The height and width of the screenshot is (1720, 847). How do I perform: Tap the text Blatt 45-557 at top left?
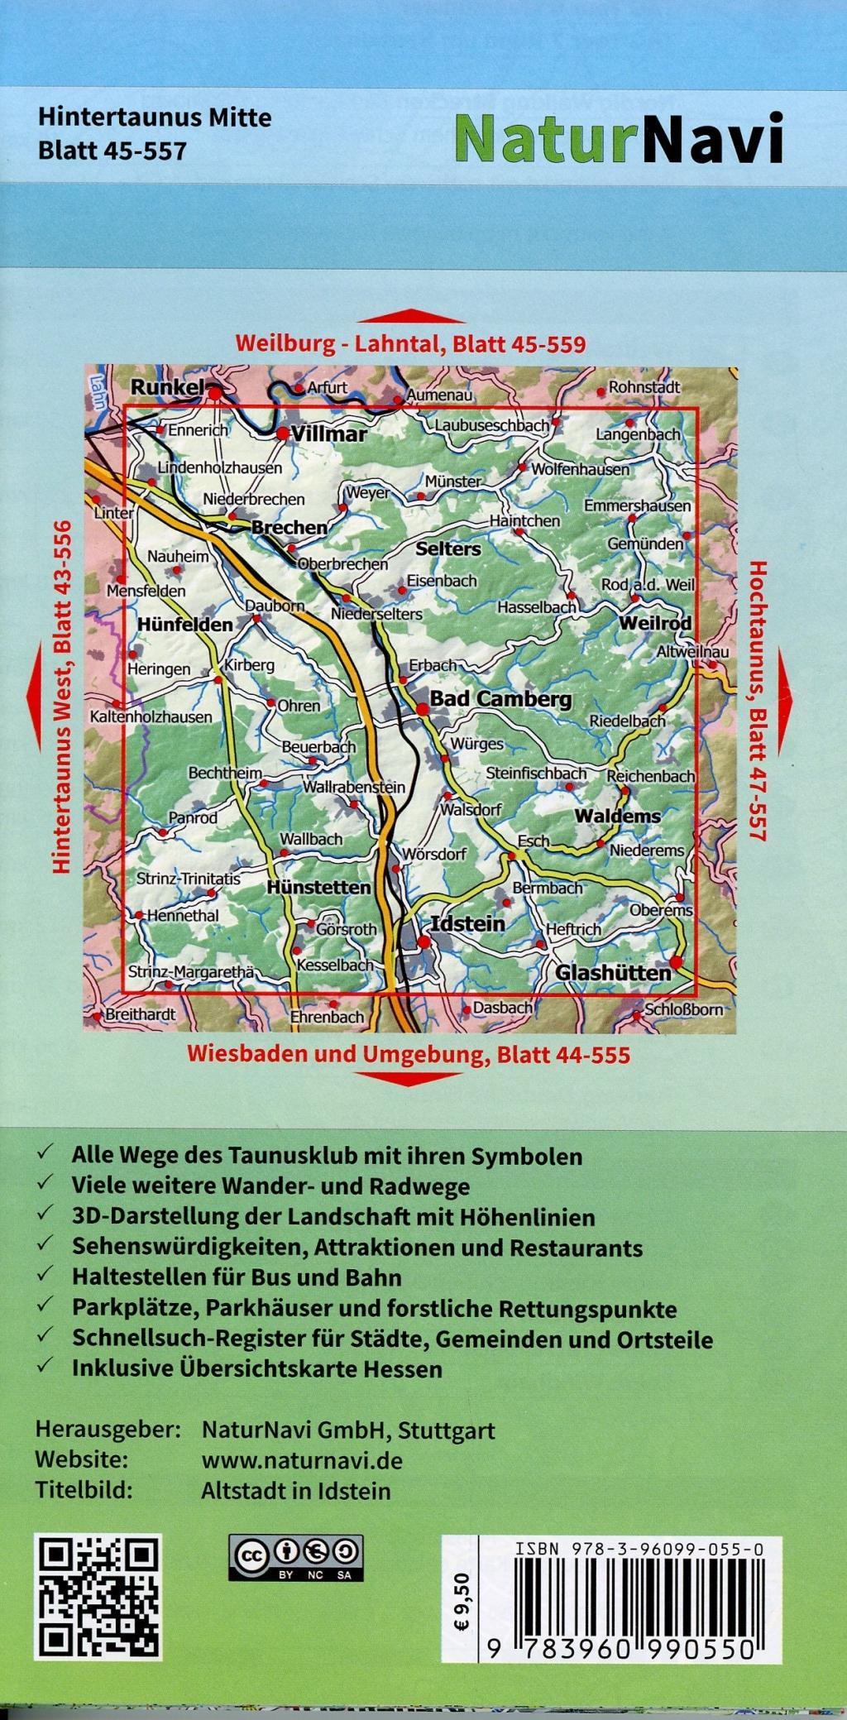pyautogui.click(x=112, y=151)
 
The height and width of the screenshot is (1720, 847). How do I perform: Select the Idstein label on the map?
pyautogui.click(x=468, y=923)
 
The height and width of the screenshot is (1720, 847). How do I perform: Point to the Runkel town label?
pyautogui.click(x=168, y=386)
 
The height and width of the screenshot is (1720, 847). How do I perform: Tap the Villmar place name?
pyautogui.click(x=328, y=434)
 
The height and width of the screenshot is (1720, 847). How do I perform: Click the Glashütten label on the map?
pyautogui.click(x=613, y=973)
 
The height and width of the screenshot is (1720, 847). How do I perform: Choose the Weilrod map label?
pyautogui.click(x=655, y=622)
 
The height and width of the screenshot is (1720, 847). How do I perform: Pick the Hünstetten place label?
pyautogui.click(x=318, y=887)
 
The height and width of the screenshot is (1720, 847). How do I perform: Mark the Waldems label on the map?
pyautogui.click(x=618, y=816)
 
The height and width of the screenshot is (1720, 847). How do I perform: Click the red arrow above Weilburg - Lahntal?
pyautogui.click(x=410, y=316)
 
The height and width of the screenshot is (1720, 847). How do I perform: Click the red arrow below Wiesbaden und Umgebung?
pyautogui.click(x=409, y=1078)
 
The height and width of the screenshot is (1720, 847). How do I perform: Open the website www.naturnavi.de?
pyautogui.click(x=302, y=1460)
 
